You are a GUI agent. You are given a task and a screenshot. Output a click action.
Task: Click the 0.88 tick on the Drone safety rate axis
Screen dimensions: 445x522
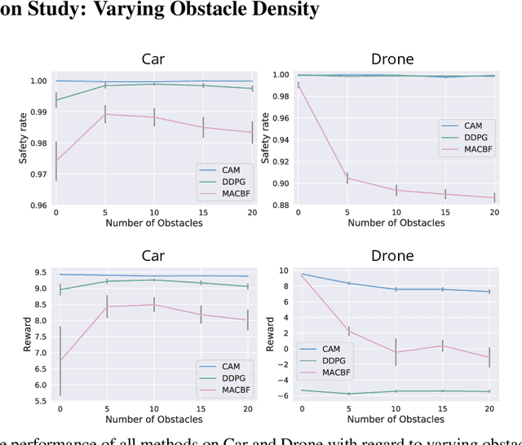pyautogui.click(x=280, y=205)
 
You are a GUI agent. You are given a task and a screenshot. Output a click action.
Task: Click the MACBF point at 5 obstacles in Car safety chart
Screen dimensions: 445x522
pyautogui.click(x=104, y=114)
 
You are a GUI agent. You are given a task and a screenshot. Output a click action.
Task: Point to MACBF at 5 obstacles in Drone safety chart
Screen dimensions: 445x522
pyautogui.click(x=347, y=177)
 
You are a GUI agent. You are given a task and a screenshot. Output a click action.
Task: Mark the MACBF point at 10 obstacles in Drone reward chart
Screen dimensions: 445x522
pyautogui.click(x=396, y=352)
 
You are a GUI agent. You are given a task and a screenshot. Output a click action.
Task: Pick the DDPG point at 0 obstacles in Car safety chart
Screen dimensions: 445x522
pyautogui.click(x=56, y=99)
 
